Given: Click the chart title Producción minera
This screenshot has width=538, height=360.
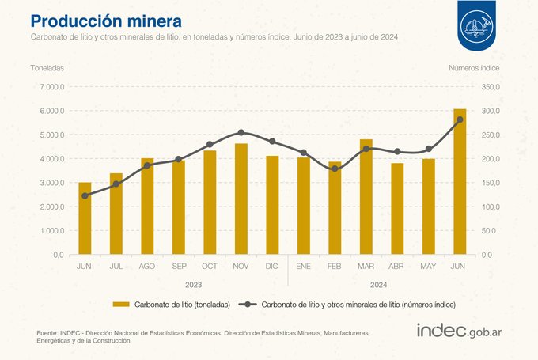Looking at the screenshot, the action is [x=106, y=21].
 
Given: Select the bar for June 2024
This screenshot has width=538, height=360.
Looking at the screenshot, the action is [x=460, y=181].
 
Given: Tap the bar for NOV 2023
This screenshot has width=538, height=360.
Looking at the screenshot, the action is [x=241, y=199].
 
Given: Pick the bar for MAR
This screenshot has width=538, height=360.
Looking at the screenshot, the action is [x=366, y=197].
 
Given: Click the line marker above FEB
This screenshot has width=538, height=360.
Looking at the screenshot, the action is [x=335, y=169].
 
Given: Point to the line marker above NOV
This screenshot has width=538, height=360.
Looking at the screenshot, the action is [x=241, y=132].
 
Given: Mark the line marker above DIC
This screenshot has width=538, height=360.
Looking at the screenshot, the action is [x=272, y=141].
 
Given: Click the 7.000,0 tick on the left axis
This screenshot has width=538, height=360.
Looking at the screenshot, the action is [x=51, y=87].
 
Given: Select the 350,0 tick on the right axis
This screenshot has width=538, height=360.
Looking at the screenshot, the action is [x=491, y=87].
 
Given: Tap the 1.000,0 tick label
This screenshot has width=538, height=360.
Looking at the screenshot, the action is [x=51, y=230].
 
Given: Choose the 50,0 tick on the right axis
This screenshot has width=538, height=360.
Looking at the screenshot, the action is [x=489, y=230].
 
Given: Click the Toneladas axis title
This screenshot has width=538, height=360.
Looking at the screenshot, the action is [x=47, y=68].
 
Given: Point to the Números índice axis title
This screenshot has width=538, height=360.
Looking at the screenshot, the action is [x=474, y=68].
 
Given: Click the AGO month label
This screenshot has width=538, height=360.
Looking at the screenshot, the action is [x=147, y=267].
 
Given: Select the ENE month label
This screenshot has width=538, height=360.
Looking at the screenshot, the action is [x=303, y=267].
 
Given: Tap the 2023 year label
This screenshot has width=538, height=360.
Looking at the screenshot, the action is [x=194, y=285].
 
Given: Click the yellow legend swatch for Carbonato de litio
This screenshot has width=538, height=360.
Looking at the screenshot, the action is [x=121, y=305].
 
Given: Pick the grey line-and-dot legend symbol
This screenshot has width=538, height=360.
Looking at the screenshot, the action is [x=248, y=305].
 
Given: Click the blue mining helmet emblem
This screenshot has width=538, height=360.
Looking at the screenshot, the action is [x=476, y=25].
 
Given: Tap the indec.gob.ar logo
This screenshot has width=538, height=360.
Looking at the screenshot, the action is [x=459, y=331].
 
